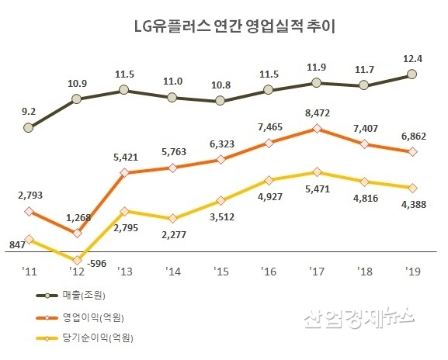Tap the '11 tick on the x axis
[28, 271]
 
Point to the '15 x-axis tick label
[220, 271]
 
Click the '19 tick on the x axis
[412, 271]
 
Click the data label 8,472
[315, 113]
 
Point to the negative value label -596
[98, 263]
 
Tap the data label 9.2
[28, 111]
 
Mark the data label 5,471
[316, 188]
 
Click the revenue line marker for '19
[412, 74]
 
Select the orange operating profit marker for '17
[316, 129]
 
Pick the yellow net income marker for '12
[76, 261]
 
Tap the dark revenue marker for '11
[29, 127]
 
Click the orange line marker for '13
[124, 172]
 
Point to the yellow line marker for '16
[268, 179]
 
